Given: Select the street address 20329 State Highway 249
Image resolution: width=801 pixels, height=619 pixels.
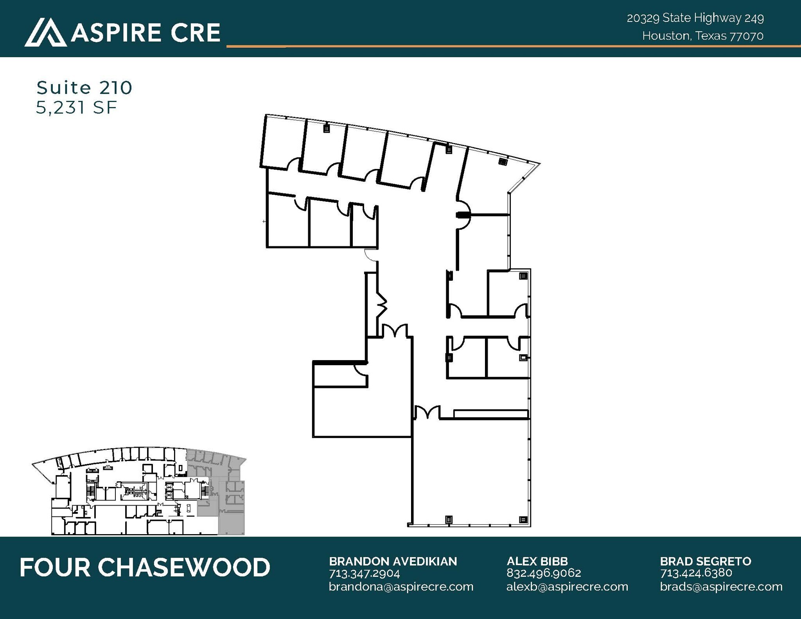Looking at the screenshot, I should tap(695, 18).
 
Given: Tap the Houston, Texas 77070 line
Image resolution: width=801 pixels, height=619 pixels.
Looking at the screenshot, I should tap(702, 36).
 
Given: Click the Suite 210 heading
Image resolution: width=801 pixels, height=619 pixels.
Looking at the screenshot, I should tap(84, 88).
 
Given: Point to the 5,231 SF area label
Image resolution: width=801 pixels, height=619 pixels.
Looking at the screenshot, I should tap(76, 108).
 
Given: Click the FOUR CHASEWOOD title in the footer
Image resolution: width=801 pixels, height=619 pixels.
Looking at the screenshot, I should tap(145, 567).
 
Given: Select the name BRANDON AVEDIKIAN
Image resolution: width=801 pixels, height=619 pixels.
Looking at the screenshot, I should tap(393, 562).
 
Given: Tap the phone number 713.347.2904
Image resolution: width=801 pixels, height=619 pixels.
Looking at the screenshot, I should tap(364, 573).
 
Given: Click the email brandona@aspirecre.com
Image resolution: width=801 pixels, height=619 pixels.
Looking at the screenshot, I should tap(401, 587).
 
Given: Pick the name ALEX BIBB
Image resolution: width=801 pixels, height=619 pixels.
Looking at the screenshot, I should tap(537, 562).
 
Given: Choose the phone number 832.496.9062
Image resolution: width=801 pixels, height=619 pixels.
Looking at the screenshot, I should tap(544, 573).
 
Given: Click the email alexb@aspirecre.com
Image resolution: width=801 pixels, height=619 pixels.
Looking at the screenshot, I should tap(567, 587).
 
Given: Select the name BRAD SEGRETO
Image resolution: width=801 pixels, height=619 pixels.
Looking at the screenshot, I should tap(706, 562).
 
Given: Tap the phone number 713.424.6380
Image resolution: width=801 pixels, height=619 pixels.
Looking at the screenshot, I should tap(696, 573).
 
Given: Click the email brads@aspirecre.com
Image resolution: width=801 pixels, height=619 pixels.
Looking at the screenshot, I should tap(721, 587).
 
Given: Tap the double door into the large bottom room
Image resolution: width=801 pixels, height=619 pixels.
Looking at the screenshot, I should tap(427, 413).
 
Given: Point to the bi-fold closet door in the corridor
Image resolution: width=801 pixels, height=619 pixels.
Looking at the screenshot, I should tap(382, 305).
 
